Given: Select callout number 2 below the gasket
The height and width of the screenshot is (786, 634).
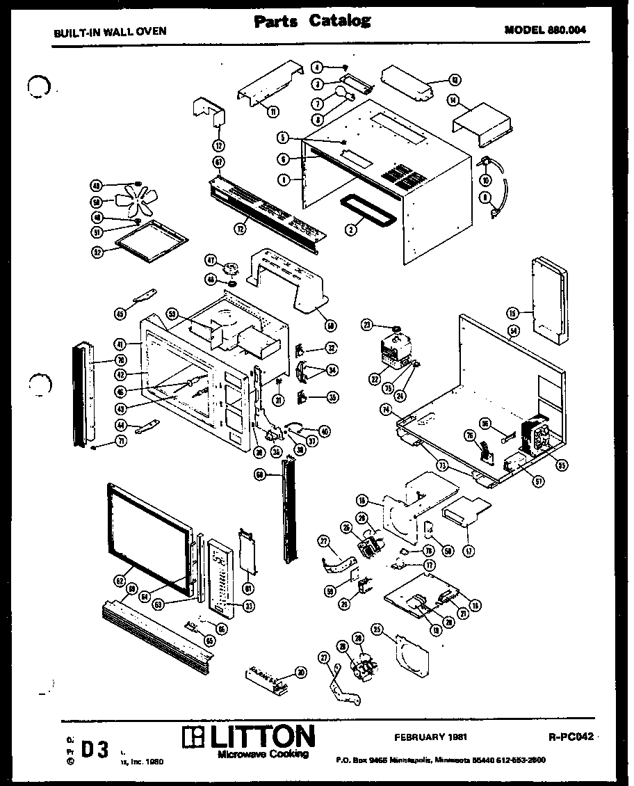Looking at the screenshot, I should click(x=352, y=229).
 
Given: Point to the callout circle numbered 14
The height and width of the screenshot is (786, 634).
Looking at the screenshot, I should click(x=454, y=101).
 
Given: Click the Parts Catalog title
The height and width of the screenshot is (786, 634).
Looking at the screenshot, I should click(x=311, y=22).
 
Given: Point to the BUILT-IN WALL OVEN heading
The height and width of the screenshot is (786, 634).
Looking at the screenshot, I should click(x=110, y=31).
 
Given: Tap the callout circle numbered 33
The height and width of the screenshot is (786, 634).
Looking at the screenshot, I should click(x=249, y=606).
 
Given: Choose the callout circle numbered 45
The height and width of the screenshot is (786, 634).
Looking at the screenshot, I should click(x=120, y=314).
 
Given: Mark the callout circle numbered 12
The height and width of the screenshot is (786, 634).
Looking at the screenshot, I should click(x=219, y=146).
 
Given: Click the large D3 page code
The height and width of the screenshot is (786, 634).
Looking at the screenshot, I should click(x=95, y=750).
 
